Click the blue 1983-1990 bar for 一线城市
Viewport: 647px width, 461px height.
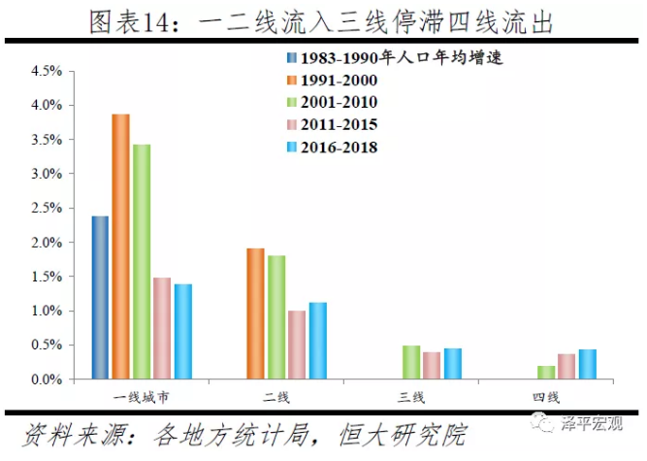tap(100, 297)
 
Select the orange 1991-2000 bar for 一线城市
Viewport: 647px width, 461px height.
tap(120, 247)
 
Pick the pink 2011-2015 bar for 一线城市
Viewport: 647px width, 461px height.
tap(162, 328)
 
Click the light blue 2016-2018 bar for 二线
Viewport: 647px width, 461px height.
tap(317, 341)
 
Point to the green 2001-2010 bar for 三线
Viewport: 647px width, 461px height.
tap(411, 362)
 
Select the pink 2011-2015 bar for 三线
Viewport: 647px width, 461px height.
tap(432, 365)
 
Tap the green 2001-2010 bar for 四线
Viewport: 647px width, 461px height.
tap(546, 372)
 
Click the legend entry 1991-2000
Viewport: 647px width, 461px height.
tap(339, 79)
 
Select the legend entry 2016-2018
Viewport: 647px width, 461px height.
tap(339, 148)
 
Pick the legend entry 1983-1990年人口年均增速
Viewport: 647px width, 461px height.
tap(399, 56)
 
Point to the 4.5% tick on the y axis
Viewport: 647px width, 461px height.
tap(48, 71)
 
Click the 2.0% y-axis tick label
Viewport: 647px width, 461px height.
tap(48, 243)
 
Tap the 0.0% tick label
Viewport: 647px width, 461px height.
tap(48, 379)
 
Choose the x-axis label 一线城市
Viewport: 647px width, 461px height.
tap(141, 398)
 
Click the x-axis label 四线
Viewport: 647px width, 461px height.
tap(546, 398)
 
